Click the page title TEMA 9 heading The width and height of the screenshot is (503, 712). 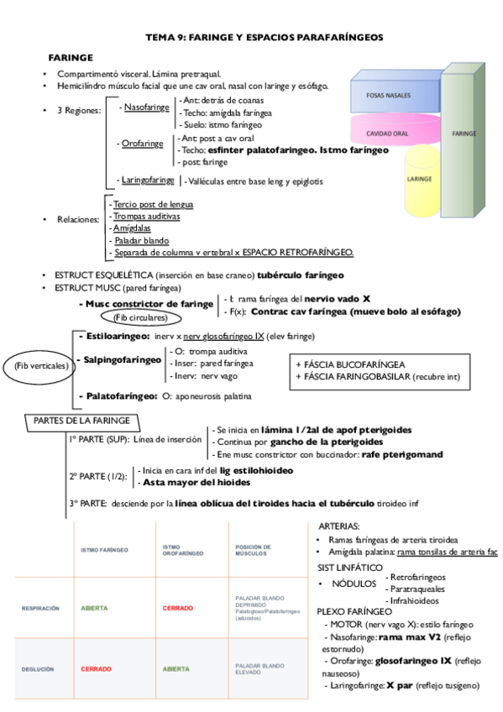264,38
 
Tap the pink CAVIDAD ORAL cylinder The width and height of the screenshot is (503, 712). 388,133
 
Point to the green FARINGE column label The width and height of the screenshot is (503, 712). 464,133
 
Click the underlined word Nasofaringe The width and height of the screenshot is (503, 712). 146,107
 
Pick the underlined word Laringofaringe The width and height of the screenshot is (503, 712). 148,180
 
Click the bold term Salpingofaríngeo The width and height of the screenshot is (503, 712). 122,359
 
